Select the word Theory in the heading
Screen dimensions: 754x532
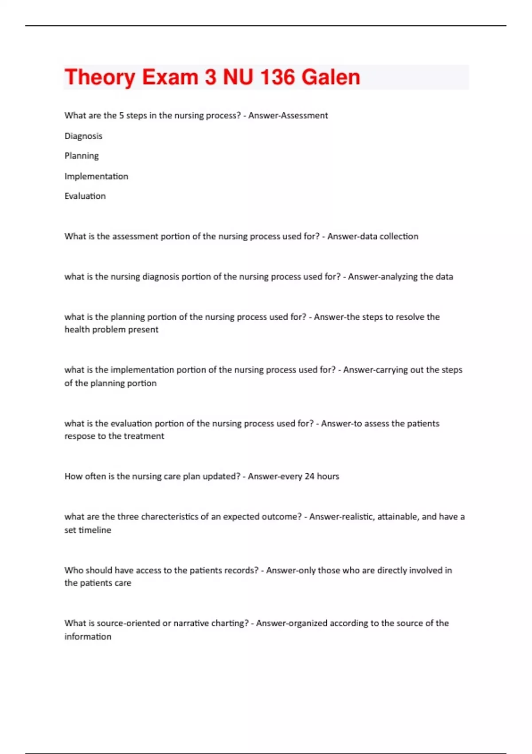click(x=100, y=77)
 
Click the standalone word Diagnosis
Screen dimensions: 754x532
click(x=83, y=136)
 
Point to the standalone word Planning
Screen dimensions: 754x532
click(x=82, y=156)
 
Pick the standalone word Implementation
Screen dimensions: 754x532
click(x=96, y=177)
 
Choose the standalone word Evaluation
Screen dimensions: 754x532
click(x=85, y=196)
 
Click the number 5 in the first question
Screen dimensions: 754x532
click(x=121, y=116)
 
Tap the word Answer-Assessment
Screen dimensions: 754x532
click(x=288, y=116)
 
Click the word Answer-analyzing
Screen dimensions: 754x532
click(x=383, y=277)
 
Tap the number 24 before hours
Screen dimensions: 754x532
click(x=309, y=476)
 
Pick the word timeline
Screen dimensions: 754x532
click(x=95, y=530)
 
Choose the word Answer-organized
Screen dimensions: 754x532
click(x=289, y=623)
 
